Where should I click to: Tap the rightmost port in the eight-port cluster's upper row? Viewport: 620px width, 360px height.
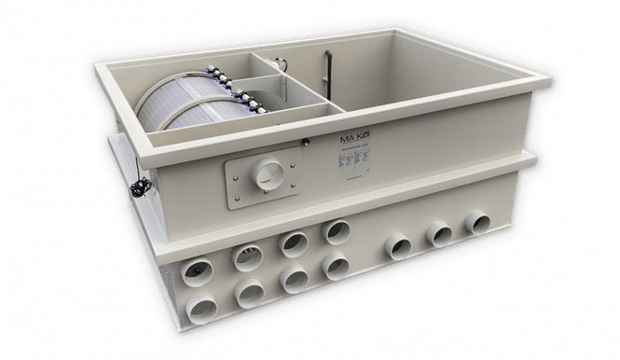click(334, 231)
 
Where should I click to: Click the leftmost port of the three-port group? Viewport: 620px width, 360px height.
click(399, 245)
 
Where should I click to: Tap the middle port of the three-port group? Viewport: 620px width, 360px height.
click(439, 233)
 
